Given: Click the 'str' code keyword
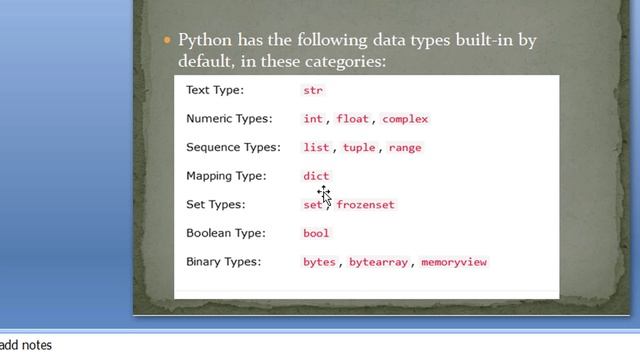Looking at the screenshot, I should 313,90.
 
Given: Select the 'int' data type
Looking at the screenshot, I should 313,119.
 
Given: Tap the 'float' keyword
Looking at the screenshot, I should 352,119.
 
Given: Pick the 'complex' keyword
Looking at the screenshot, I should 405,119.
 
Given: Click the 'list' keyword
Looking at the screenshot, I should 316,147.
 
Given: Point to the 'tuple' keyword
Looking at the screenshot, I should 359,147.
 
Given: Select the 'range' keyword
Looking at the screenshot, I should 405,147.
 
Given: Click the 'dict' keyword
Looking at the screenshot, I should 316,176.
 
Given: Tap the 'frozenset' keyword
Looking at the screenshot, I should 366,205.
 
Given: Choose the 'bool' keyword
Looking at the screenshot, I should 316,233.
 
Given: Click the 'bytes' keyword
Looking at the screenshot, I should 319,262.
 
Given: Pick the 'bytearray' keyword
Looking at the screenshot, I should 378,262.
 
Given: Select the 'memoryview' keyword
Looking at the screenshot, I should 454,262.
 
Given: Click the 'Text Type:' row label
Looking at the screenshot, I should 214,90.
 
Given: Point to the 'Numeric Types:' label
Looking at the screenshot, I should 229,119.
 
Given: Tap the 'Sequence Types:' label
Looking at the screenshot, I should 232,147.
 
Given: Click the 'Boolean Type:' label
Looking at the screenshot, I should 225,233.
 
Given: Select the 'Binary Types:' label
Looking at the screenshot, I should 223,262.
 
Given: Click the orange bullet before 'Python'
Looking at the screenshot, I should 167,41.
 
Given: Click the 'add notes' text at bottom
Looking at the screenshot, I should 26,345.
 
